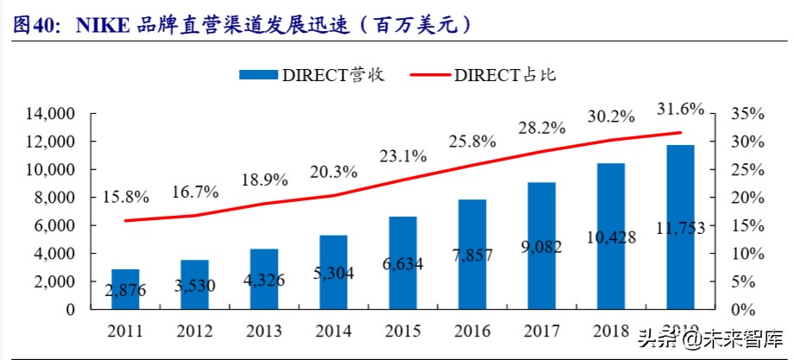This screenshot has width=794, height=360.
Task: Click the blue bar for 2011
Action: tap(124, 288)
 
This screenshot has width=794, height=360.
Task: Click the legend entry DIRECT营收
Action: tap(312, 75)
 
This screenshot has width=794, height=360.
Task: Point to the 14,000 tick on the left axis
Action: tap(51, 113)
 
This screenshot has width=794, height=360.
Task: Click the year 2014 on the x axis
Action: tap(332, 331)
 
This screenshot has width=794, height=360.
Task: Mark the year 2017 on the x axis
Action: tap(541, 331)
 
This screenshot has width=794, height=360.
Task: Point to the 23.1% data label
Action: tap(403, 156)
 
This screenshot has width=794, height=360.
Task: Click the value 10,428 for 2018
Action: tap(611, 237)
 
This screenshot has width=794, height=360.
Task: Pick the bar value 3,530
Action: tap(194, 287)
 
